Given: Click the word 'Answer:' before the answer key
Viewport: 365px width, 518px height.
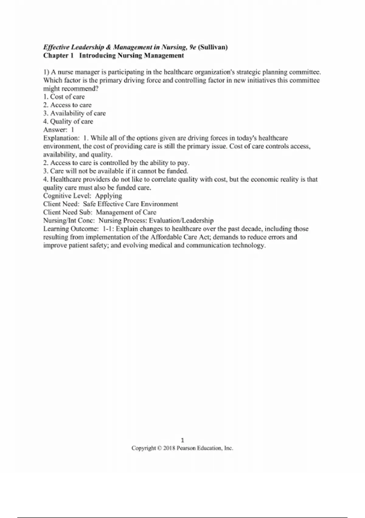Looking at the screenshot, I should point(55,129).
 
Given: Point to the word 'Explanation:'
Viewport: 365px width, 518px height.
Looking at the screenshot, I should point(61,138).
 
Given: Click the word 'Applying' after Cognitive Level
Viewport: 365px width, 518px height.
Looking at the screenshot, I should point(109,196).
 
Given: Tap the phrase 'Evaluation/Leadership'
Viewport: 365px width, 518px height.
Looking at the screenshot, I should point(181,220).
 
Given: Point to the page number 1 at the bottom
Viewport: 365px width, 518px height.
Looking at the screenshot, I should point(182,440).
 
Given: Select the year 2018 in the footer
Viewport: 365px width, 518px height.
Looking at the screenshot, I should point(169,448).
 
